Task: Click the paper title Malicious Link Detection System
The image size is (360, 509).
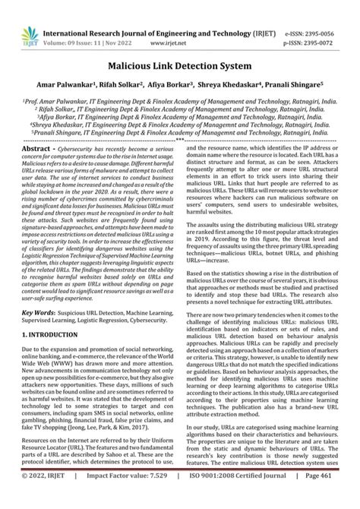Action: click(x=180, y=48)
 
